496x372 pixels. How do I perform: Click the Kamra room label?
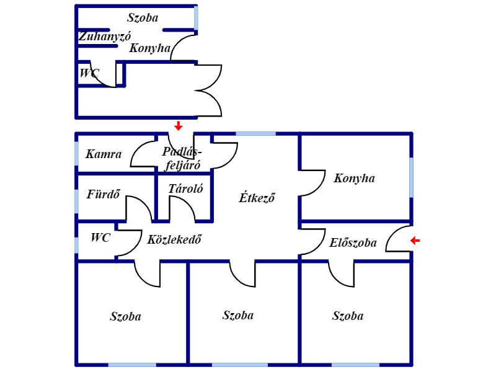tap(104, 154)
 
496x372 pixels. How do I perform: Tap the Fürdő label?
tap(103, 193)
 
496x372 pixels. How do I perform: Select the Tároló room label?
tap(185, 188)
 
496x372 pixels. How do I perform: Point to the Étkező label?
tap(257, 198)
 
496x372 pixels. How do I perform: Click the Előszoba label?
tap(353, 243)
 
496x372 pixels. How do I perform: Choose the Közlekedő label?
tap(174, 239)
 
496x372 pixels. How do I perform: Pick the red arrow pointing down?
tap(179, 126)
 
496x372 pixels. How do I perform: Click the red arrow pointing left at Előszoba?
tap(415, 241)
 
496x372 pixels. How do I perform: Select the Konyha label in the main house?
tap(354, 179)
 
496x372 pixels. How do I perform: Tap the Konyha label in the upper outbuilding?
tap(149, 48)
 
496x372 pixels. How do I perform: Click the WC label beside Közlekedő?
tap(100, 237)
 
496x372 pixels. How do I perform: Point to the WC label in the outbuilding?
tap(89, 73)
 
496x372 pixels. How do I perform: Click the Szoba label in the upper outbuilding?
tap(143, 17)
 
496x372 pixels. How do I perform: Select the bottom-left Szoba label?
tap(125, 317)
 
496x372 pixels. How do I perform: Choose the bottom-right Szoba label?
tap(347, 316)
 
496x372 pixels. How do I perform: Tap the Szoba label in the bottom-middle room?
tap(238, 315)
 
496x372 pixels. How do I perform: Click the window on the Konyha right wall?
tap(412, 177)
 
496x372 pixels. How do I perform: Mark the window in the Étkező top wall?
tap(255, 133)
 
